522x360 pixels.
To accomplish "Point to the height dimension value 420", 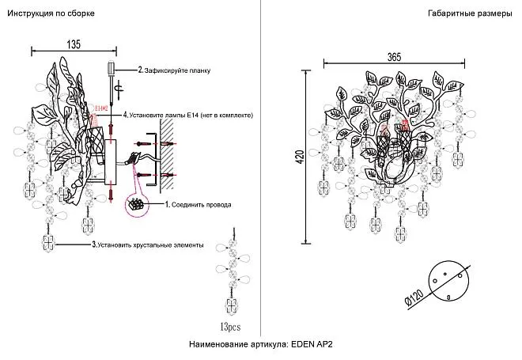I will click(x=300, y=158).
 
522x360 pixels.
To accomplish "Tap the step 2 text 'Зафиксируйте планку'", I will click(x=177, y=70).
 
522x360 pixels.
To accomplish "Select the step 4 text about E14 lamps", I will click(x=191, y=116).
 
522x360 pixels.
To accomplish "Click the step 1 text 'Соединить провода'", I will click(x=201, y=204).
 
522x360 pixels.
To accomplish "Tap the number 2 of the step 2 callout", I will click(x=140, y=70).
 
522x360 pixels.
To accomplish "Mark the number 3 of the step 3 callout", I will click(x=93, y=245).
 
